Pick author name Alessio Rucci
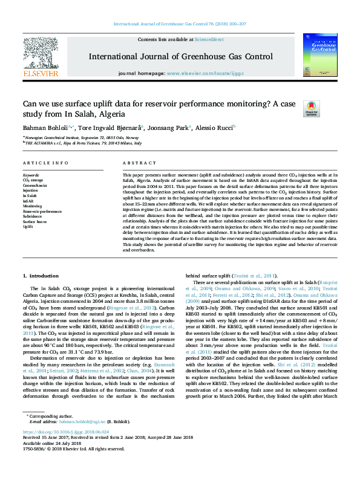(x=217, y=128)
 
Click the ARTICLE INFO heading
(x=45, y=164)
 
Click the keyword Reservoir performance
(x=42, y=212)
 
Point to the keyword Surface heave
(x=35, y=221)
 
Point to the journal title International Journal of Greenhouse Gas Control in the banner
(x=180, y=57)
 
